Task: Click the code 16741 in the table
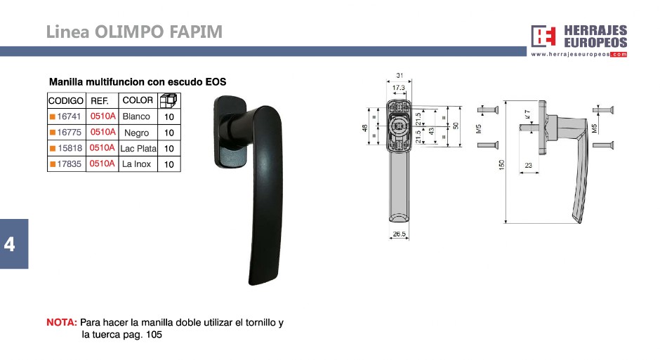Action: (x=69, y=116)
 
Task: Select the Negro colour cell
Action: (x=136, y=133)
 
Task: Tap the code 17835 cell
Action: (x=69, y=164)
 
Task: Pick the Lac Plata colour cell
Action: (x=138, y=149)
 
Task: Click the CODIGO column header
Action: (x=66, y=101)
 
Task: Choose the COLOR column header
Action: (x=138, y=100)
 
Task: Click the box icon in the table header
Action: (x=169, y=101)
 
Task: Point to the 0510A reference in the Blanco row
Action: (x=103, y=116)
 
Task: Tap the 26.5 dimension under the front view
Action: (x=399, y=234)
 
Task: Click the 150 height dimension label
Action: (x=501, y=165)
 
